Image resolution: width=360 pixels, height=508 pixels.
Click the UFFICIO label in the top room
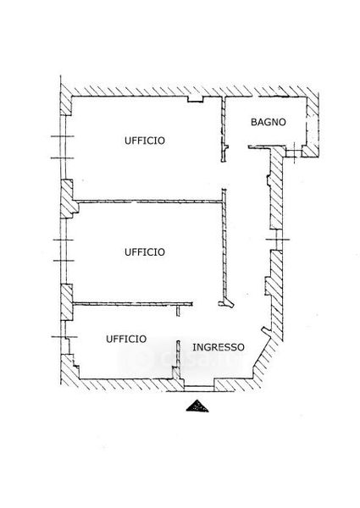click(x=145, y=141)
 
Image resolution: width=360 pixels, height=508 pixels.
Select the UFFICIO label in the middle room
click(x=145, y=252)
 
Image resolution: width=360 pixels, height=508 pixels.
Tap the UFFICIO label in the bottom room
click(x=126, y=339)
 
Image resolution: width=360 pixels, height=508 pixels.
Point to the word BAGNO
click(x=269, y=122)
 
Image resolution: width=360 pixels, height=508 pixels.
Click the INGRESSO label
click(x=219, y=347)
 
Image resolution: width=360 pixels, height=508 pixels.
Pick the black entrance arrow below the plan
click(x=197, y=406)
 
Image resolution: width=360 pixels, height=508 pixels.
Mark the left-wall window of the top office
click(x=64, y=147)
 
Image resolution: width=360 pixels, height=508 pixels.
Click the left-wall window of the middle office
click(x=64, y=251)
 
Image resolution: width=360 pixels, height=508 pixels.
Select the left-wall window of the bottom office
click(x=65, y=337)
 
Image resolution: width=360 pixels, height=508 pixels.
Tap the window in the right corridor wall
click(x=277, y=240)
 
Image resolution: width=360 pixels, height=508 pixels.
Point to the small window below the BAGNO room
click(x=294, y=151)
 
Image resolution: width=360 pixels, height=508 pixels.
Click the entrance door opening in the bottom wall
click(x=199, y=386)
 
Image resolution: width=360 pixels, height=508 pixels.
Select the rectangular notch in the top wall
click(x=196, y=99)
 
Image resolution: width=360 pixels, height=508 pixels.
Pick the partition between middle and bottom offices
click(x=133, y=304)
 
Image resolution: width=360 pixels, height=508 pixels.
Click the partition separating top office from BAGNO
click(x=224, y=129)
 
